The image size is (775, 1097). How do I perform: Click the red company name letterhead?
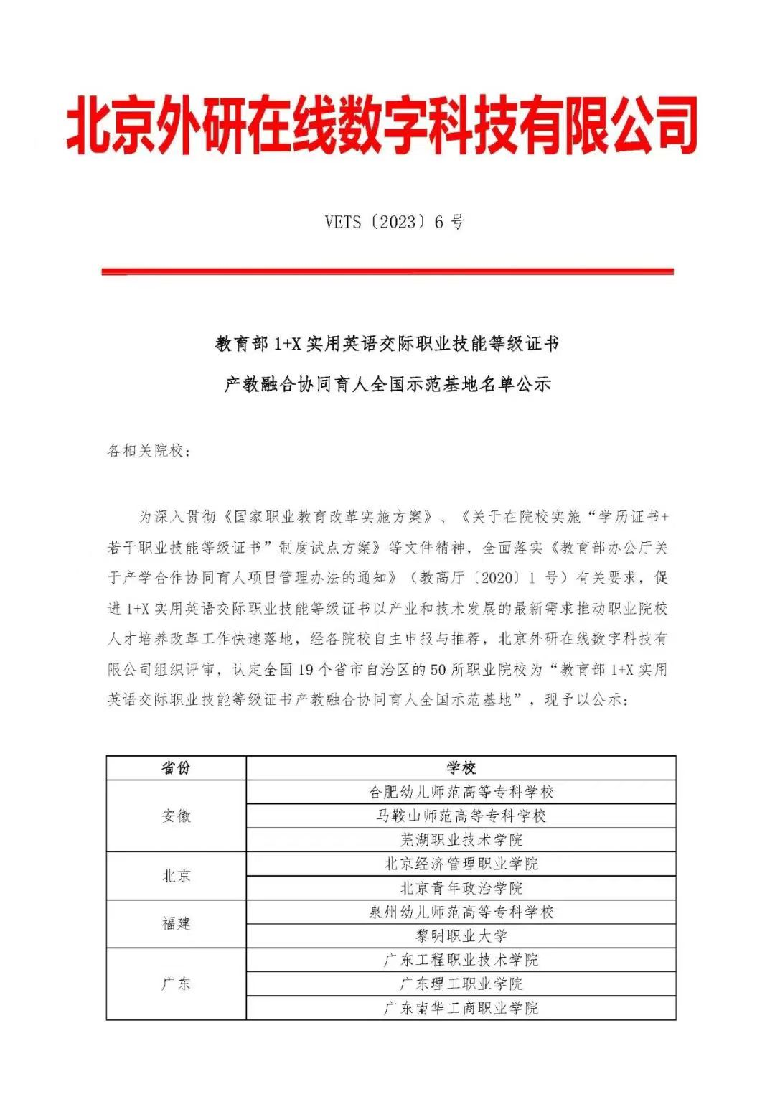[382, 126]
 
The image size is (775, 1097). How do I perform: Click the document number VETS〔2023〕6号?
[394, 222]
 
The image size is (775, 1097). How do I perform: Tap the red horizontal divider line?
[387, 271]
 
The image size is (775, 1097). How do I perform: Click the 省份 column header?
[176, 768]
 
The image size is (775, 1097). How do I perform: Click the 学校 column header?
[461, 768]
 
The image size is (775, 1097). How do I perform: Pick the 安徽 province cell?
[176, 816]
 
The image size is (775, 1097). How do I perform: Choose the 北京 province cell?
[176, 876]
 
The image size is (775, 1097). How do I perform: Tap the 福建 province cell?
[176, 924]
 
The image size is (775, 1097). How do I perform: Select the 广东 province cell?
[176, 984]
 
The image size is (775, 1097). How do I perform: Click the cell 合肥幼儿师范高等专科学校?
[461, 792]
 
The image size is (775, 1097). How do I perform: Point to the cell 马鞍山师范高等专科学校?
[461, 816]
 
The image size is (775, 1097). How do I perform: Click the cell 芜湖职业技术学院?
[461, 840]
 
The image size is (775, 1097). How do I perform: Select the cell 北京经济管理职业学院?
[461, 864]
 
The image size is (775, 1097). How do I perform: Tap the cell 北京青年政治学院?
[461, 888]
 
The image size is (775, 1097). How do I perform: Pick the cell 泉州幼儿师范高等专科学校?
[461, 912]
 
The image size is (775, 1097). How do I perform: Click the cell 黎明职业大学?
[461, 936]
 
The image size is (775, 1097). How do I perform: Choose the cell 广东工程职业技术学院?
[461, 960]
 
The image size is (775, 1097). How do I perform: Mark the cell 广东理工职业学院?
[461, 984]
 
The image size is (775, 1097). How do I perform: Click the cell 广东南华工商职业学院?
[461, 1008]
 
